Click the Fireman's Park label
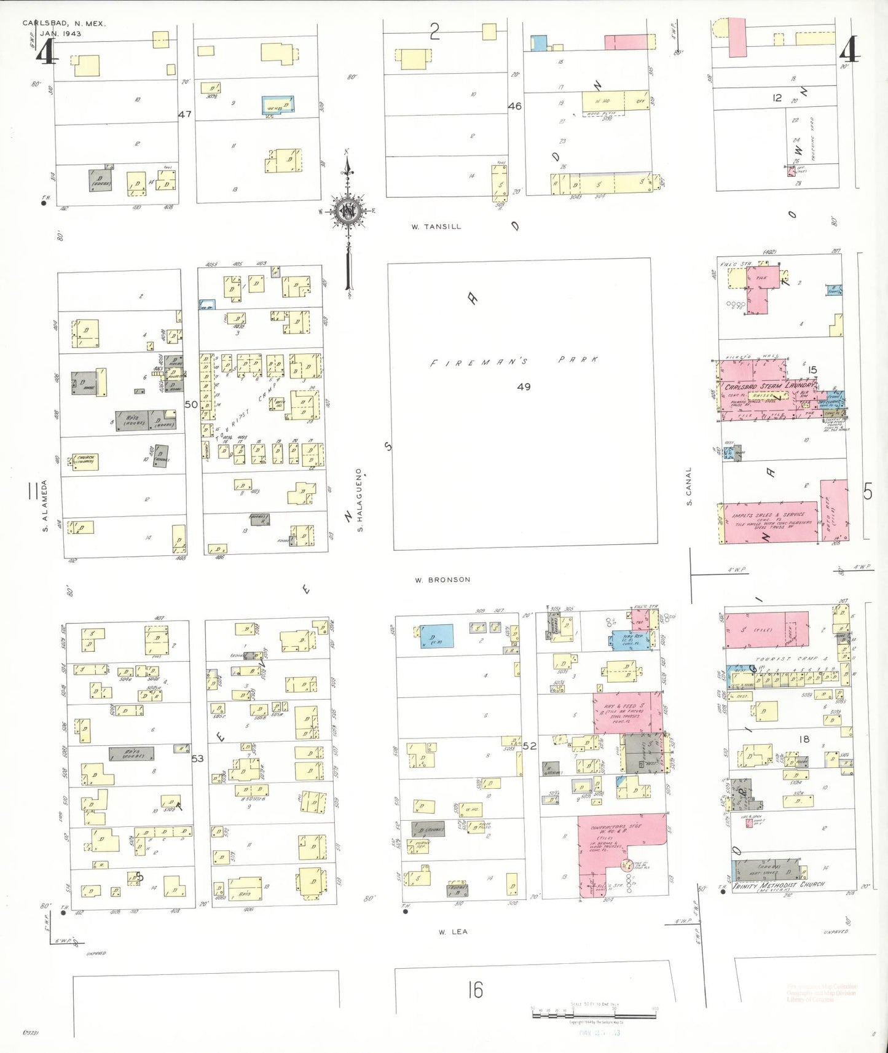click(513, 361)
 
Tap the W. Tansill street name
click(436, 227)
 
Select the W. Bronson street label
click(442, 579)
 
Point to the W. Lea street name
click(453, 932)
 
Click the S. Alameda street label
click(44, 505)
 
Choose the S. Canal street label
click(688, 486)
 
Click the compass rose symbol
click(348, 212)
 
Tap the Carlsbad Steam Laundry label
click(769, 386)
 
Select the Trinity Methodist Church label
click(779, 885)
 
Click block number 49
click(524, 387)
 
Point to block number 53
click(197, 759)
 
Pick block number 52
click(530, 746)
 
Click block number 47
click(185, 114)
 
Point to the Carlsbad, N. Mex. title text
click(64, 23)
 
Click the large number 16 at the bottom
click(475, 990)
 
